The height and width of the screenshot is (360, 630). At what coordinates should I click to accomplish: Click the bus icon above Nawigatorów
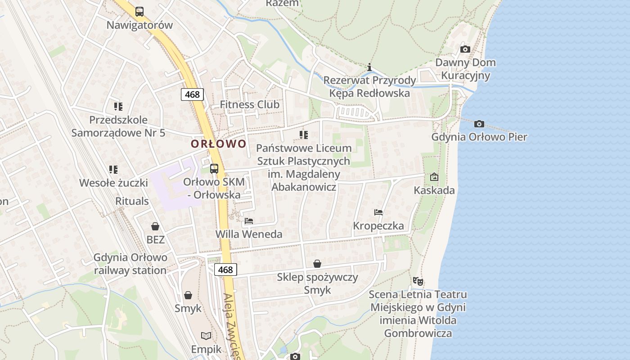pos(139,12)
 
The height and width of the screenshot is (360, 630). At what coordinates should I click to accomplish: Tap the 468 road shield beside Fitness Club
pos(192,94)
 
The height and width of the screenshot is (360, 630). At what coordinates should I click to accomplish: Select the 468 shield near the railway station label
pos(225,270)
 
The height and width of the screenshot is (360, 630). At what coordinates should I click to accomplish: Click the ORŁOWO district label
pos(219,144)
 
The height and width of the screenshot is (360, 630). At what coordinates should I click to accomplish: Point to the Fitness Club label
pos(249,105)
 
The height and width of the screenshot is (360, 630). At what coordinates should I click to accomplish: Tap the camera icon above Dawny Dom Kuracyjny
pos(465,49)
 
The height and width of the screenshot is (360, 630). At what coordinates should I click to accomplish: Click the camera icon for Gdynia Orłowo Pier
pos(479,124)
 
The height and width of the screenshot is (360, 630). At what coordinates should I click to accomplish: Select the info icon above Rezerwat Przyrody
pos(370,67)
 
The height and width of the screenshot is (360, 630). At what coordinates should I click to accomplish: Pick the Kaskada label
pos(434,190)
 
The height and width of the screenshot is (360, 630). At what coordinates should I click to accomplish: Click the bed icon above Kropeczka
pos(378,212)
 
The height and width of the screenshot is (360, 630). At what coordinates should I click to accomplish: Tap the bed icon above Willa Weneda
pos(249,220)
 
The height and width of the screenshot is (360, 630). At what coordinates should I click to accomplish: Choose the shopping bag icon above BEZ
pos(155,226)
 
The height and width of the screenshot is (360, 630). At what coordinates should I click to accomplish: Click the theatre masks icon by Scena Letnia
pos(418,282)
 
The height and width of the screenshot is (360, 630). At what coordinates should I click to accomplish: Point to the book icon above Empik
pos(206,336)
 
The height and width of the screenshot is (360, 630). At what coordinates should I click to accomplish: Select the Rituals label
pos(132,201)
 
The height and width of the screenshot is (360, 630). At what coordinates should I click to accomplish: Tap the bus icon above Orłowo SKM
pos(214,169)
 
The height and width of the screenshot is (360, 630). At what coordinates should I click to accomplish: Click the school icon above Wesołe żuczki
pos(113,170)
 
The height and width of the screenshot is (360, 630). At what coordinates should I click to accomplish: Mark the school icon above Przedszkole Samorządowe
pos(118,107)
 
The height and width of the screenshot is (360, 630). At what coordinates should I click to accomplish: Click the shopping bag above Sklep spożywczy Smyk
pos(317,264)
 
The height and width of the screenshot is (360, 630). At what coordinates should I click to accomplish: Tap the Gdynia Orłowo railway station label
pos(130,264)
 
